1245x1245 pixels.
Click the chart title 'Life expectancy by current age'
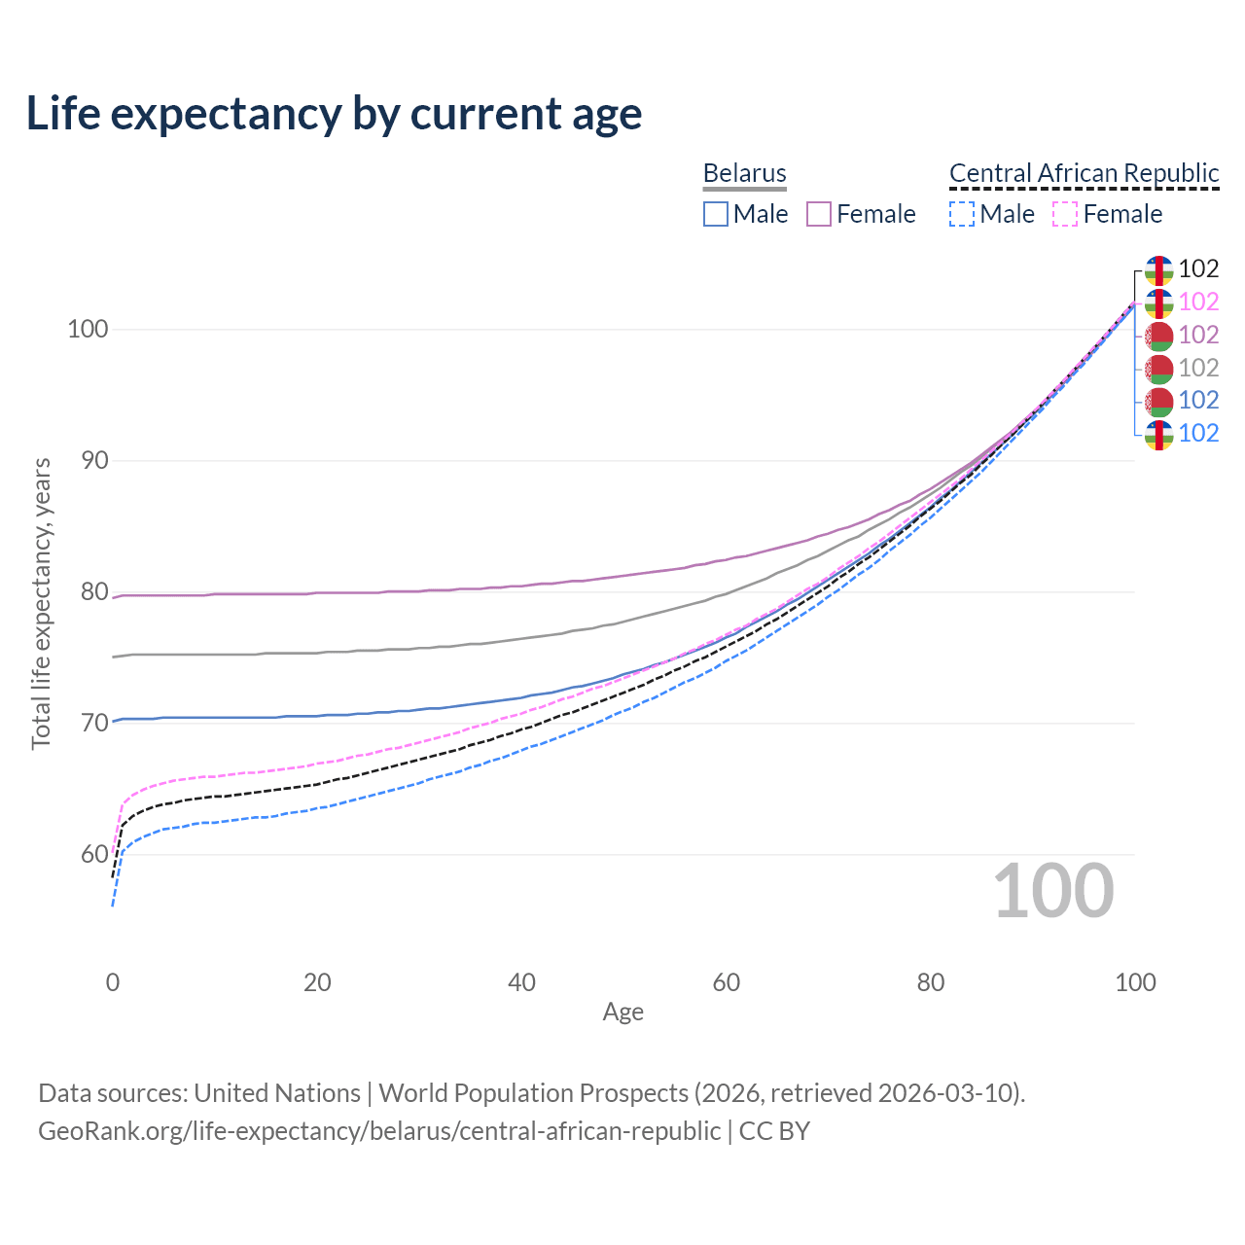[334, 113]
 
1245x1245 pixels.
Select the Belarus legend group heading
[744, 173]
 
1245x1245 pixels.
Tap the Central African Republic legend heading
[1084, 173]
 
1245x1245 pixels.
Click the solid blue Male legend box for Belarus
[716, 214]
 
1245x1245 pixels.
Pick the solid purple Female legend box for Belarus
[819, 214]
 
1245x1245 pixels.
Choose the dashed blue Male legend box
[962, 214]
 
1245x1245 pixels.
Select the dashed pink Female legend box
[1065, 214]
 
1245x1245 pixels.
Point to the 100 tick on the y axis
[87, 329]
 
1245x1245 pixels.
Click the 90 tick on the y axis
[94, 460]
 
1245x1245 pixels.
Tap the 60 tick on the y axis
[94, 854]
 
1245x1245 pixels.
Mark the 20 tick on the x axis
[317, 982]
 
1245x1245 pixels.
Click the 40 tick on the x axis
[521, 982]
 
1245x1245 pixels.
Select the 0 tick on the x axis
[113, 982]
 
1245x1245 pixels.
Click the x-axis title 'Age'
[622, 1013]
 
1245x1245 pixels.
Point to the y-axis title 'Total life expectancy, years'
[41, 604]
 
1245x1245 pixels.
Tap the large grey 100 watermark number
[1052, 891]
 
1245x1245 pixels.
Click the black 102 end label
[1198, 268]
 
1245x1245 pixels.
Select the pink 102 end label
[1198, 302]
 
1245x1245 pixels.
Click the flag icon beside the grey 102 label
[1158, 368]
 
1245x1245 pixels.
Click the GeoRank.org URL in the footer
[379, 1131]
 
